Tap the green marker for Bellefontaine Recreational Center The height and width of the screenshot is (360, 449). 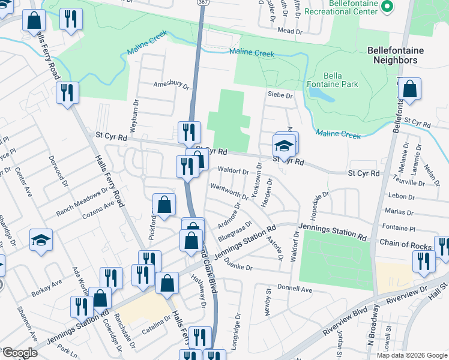point(387,7)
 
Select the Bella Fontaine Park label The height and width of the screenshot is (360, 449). point(341,80)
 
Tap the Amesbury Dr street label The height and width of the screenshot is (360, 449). point(171,85)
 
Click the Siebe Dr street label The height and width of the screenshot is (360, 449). point(280,95)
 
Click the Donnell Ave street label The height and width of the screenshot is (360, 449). point(298,289)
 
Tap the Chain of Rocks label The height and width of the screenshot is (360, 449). point(405,244)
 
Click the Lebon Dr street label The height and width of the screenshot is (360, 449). point(402,196)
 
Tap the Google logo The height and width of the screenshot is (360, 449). point(19,352)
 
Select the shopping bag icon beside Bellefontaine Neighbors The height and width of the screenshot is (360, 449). point(409,89)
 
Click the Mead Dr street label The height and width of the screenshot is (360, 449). point(289,30)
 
